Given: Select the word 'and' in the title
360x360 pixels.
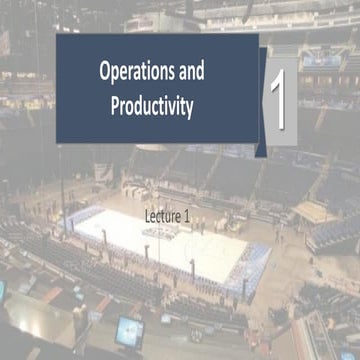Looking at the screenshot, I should (205, 72).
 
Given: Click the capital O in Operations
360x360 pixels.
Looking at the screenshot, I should (107, 72).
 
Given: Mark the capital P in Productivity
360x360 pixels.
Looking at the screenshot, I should (114, 104).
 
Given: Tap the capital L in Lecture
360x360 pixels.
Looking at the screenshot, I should (146, 215).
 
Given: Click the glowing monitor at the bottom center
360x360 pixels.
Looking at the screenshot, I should (129, 327).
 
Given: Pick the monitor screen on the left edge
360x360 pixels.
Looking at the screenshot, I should (3, 291).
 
